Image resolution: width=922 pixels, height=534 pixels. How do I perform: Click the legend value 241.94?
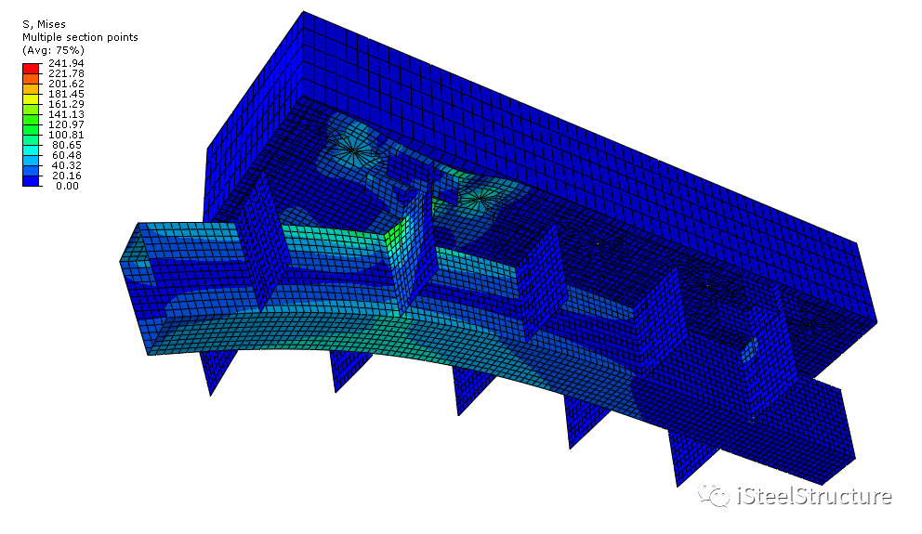66,63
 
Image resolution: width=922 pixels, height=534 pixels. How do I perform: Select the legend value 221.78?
66,73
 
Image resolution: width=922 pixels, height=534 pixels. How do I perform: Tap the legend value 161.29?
66,104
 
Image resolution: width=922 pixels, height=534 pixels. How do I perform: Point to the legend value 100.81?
66,135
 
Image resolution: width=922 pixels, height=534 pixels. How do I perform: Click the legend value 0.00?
68,186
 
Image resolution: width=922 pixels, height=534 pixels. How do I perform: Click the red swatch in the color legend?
31,68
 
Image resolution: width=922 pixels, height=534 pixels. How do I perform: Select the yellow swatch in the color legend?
31,98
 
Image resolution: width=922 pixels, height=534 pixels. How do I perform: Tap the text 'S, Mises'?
44,24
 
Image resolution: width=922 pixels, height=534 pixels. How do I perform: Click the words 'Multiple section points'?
80,37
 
